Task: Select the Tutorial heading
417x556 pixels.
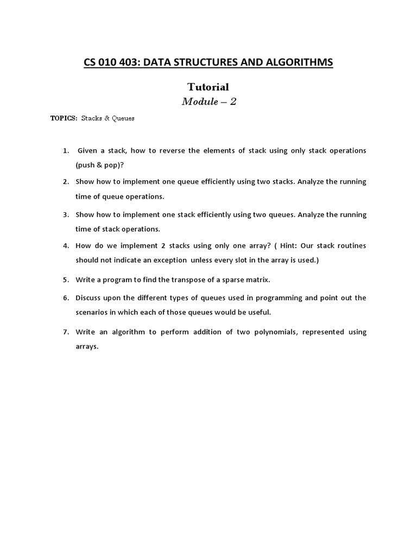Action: point(208,87)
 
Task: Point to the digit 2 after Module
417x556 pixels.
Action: point(233,102)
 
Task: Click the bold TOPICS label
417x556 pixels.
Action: point(64,118)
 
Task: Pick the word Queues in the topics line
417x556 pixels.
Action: point(122,118)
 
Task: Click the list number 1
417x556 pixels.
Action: point(66,150)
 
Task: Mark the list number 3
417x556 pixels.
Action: point(66,214)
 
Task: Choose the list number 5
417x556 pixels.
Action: point(66,280)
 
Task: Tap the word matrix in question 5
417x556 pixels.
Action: point(257,280)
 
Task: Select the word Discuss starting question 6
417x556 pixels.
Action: point(89,298)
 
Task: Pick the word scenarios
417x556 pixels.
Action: point(92,312)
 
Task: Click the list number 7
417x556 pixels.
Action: point(66,332)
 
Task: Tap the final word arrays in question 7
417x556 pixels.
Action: point(87,346)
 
